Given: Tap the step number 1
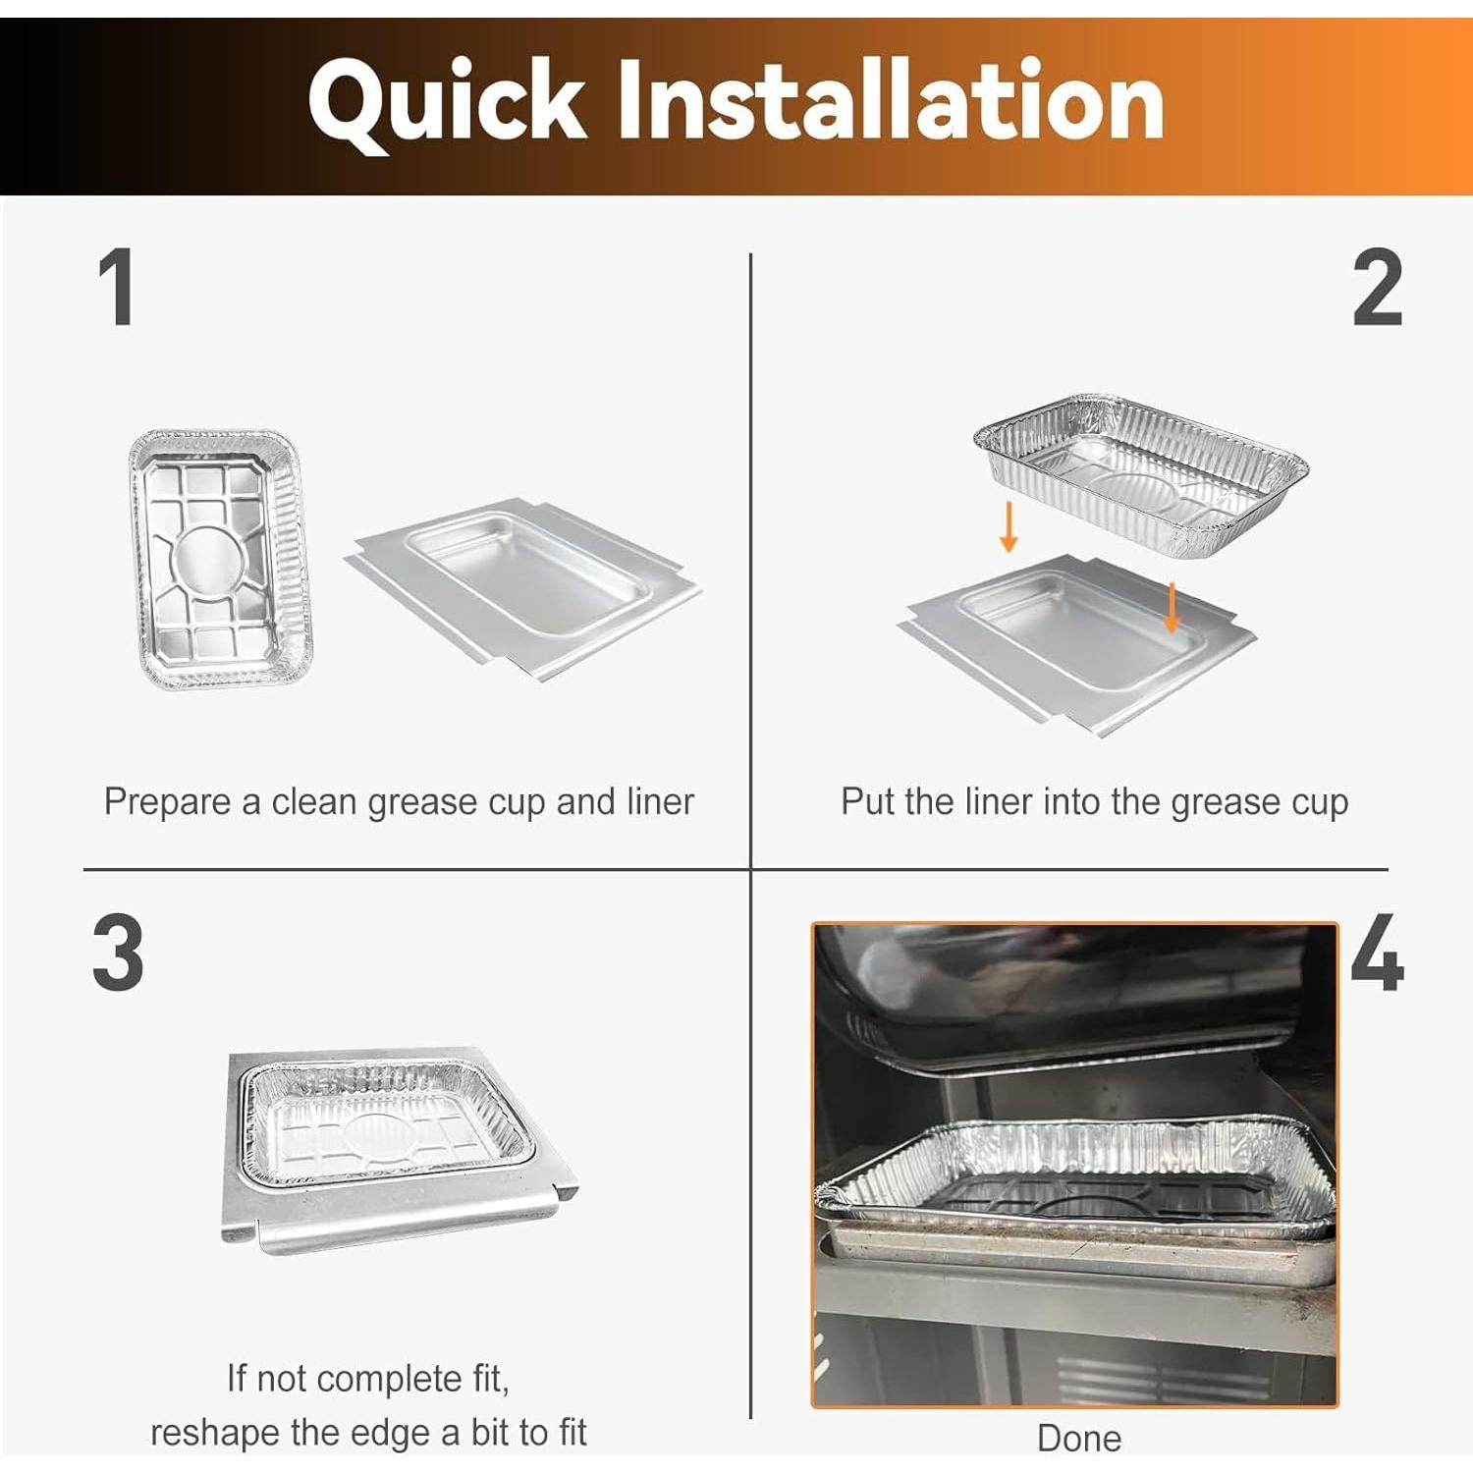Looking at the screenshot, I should click(117, 287).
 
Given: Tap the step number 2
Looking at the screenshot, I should click(1377, 287).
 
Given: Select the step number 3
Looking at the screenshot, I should click(118, 953).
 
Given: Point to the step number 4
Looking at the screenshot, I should click(1377, 953).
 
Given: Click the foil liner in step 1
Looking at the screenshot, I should click(220, 559).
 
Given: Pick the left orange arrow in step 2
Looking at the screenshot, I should click(1008, 527).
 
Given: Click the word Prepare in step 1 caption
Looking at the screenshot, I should click(167, 802).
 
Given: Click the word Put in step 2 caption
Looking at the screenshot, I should click(868, 802).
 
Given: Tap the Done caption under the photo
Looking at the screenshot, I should click(1078, 1439).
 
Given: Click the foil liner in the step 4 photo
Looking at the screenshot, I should click(1075, 1173).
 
